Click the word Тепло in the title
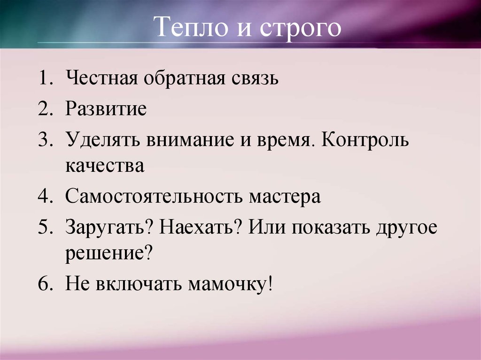click(185, 27)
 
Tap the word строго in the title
click(297, 28)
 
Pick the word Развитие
click(106, 109)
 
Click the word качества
click(105, 166)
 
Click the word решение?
click(109, 253)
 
